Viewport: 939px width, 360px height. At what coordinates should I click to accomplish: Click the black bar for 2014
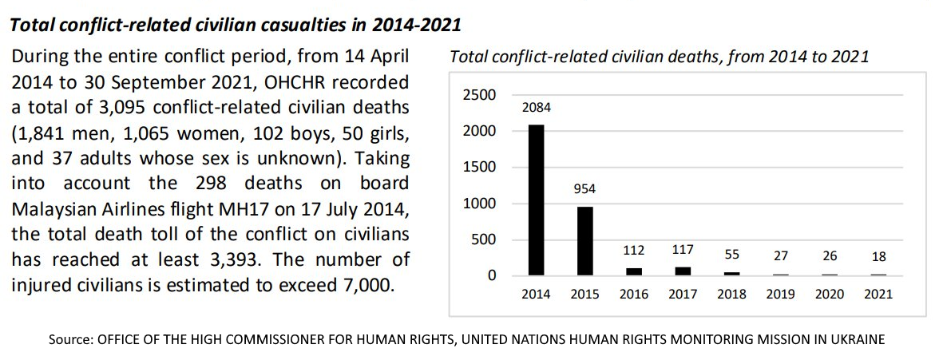pos(537,200)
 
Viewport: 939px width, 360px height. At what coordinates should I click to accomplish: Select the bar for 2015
pos(585,241)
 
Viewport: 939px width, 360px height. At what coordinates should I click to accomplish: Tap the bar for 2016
pos(634,271)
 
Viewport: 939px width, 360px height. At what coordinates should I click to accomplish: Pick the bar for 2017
pos(683,271)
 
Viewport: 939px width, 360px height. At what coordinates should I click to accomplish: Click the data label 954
pos(585,190)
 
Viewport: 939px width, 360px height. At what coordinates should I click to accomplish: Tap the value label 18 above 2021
pos(878,257)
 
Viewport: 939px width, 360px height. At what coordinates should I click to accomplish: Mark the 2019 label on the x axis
pos(780,295)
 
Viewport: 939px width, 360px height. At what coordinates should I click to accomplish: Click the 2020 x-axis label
pos(829,295)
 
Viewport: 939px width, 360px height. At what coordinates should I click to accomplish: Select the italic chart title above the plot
pos(660,57)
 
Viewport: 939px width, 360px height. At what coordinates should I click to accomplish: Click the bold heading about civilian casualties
pos(235,24)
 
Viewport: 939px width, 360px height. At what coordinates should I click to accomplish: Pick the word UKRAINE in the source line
pos(856,338)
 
